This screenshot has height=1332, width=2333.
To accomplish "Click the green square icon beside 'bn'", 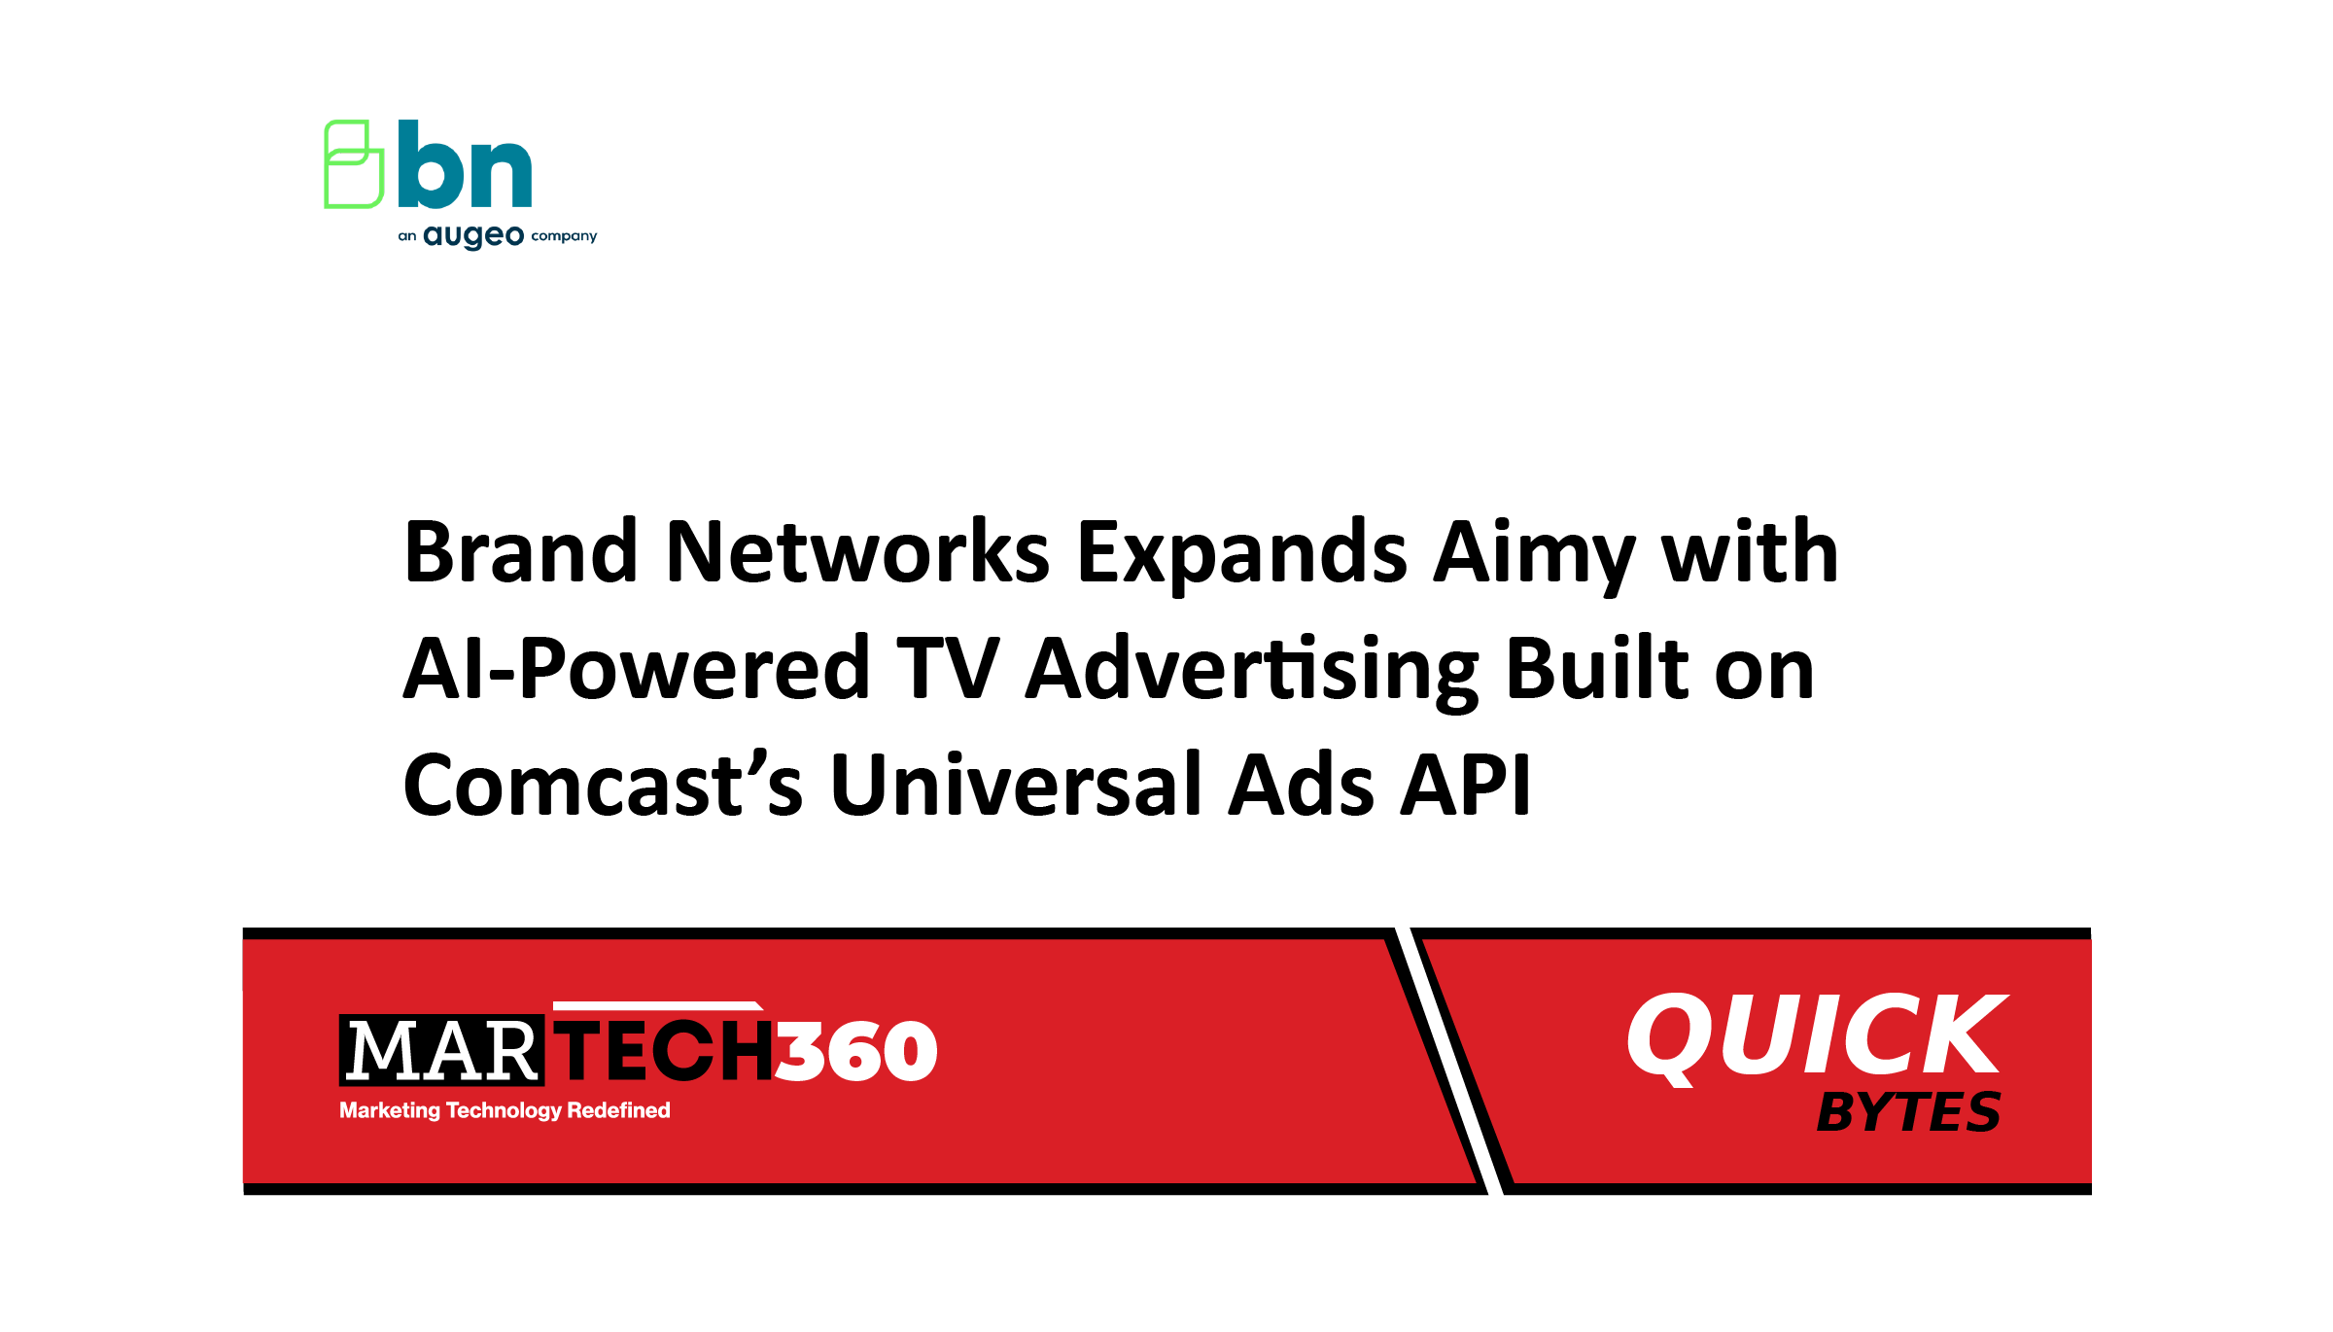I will tap(353, 164).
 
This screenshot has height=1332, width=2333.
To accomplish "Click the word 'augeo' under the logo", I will tap(473, 236).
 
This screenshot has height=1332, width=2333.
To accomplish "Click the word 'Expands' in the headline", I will tap(1241, 554).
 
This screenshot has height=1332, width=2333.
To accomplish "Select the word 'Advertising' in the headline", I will tap(1252, 671).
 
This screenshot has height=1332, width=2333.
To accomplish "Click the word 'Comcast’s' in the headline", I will tap(603, 786).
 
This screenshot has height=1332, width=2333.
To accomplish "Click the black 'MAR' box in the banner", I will tap(441, 1051).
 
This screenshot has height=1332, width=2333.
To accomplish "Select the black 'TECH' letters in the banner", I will tap(665, 1051).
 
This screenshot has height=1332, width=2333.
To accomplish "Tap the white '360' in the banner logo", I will tap(855, 1051).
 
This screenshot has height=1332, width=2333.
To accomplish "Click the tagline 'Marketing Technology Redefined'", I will tap(505, 1110).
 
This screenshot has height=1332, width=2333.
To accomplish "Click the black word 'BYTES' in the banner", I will tap(1908, 1112).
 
